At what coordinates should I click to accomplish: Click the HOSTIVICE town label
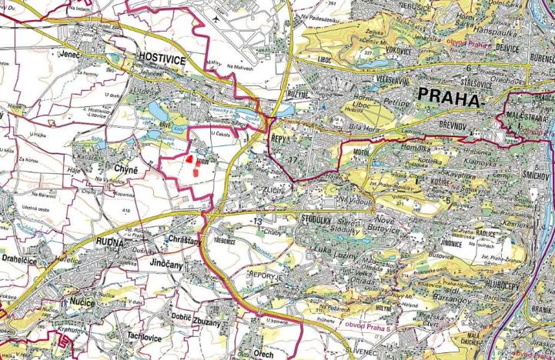[x=159, y=57]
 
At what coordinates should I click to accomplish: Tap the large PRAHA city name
[x=449, y=95]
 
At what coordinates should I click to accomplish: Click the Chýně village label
[x=125, y=169]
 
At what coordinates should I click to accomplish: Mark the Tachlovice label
[x=144, y=337]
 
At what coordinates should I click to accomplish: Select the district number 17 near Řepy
[x=291, y=159]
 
